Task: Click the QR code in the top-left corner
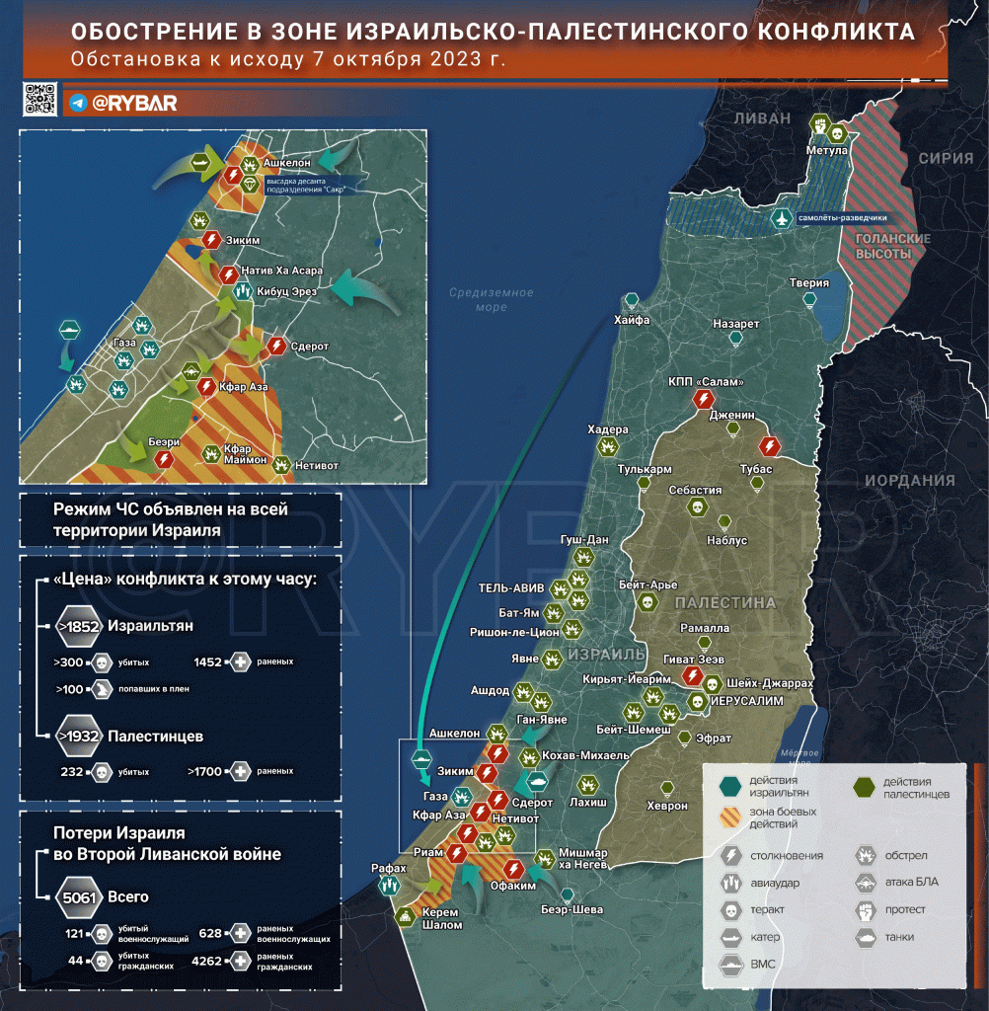click(x=40, y=101)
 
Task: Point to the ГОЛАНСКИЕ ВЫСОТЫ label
click(x=879, y=247)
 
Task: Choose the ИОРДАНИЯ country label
click(x=910, y=481)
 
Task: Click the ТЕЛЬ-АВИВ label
click(x=512, y=586)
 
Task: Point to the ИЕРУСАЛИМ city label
click(x=748, y=700)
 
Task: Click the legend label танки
click(x=899, y=936)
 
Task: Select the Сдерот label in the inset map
click(x=310, y=347)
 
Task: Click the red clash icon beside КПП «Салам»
click(x=704, y=399)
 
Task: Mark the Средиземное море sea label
click(x=491, y=299)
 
